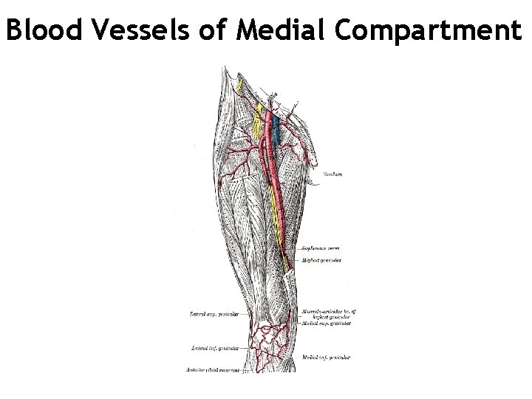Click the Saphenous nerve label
tap(319, 250)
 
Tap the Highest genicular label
tap(320, 261)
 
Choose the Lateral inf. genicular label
tap(214, 347)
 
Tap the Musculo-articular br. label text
tap(326, 311)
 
